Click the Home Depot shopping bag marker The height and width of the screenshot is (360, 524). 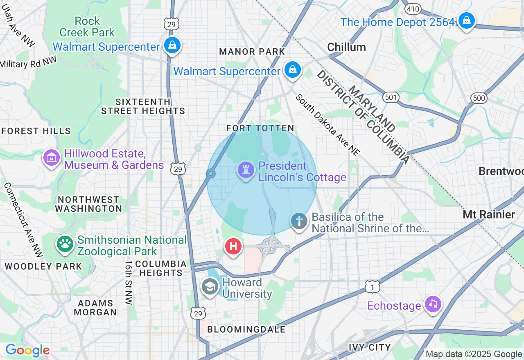pos(466,20)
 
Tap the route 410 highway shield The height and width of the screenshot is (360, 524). pos(413,8)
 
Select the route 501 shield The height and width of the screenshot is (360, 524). pos(391,97)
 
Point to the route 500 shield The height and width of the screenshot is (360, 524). pos(479,98)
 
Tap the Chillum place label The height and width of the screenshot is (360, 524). pos(346,47)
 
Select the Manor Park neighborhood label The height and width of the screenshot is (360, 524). pos(252,52)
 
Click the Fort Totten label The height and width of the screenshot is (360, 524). pos(260,128)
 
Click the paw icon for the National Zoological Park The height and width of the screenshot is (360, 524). pos(65,244)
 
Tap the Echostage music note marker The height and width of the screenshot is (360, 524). pos(433,304)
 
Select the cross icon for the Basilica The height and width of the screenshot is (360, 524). pos(299,221)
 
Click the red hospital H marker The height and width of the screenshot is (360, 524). pos(233,247)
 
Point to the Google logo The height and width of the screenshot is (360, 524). pos(27,350)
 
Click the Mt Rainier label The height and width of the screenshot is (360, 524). pos(489,214)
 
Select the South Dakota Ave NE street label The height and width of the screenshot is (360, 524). pos(328,125)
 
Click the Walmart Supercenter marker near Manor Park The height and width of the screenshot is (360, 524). pos(293,70)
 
